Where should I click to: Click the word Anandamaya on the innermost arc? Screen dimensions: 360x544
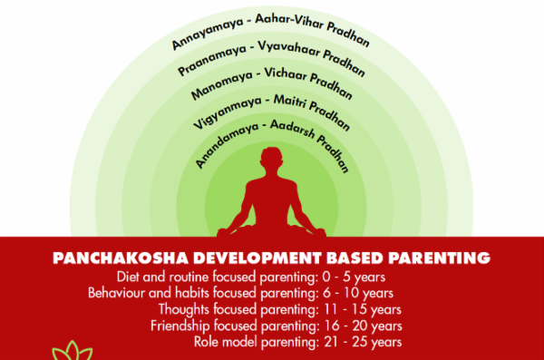pyautogui.click(x=222, y=144)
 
